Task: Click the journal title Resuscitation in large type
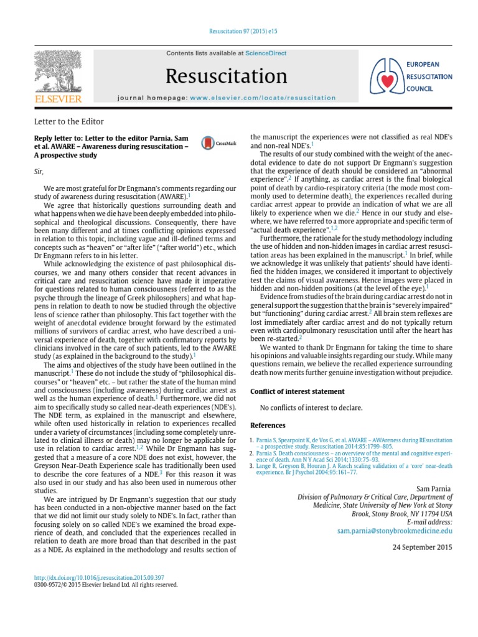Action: point(227,76)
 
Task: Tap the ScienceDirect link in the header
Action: point(266,53)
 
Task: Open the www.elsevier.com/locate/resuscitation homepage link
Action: point(262,98)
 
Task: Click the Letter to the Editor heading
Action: point(68,121)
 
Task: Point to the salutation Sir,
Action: point(39,170)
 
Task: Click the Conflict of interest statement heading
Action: point(297,391)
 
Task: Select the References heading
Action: point(268,425)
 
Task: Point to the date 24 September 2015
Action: point(423,547)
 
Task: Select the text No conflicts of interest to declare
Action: point(311,408)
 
